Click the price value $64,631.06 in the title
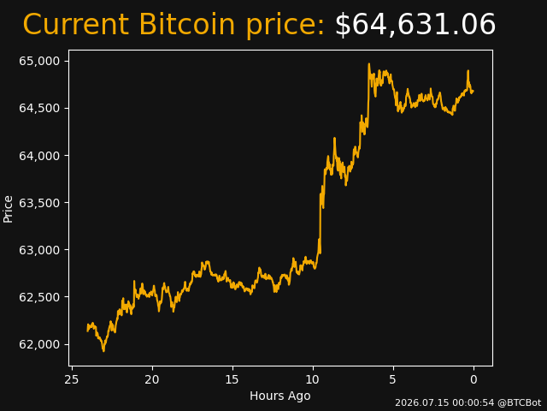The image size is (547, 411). [415, 25]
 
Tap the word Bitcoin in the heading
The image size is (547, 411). [187, 25]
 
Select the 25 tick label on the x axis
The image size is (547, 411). [72, 379]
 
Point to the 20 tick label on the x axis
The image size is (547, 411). [152, 379]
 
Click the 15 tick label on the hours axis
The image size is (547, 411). [232, 379]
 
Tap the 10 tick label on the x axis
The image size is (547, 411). [313, 379]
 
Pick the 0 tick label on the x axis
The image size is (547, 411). [473, 379]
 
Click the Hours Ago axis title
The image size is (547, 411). [280, 396]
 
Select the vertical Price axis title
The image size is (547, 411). [8, 209]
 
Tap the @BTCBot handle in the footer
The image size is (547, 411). [520, 402]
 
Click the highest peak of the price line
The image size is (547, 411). [368, 64]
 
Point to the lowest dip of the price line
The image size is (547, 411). [103, 350]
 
